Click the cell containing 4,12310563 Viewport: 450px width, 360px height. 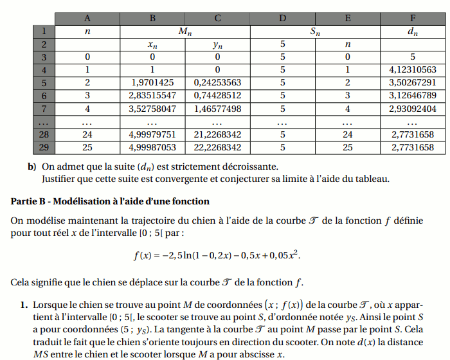click(413, 69)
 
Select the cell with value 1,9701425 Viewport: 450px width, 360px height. click(152, 82)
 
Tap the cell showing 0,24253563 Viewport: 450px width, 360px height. click(217, 82)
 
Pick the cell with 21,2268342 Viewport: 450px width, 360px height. click(217, 134)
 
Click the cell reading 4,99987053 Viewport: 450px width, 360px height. click(152, 147)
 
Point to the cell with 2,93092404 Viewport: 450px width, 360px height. click(413, 109)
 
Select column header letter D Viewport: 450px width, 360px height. click(282, 18)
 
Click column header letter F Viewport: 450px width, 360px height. click(413, 18)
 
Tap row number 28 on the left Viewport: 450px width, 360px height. click(44, 134)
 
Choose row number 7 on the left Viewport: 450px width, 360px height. click(44, 109)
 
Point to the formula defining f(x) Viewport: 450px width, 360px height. click(217, 255)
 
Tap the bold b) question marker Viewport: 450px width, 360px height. click(32, 166)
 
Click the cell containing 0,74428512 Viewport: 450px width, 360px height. click(217, 95)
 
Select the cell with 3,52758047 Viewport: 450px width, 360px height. click(152, 109)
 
